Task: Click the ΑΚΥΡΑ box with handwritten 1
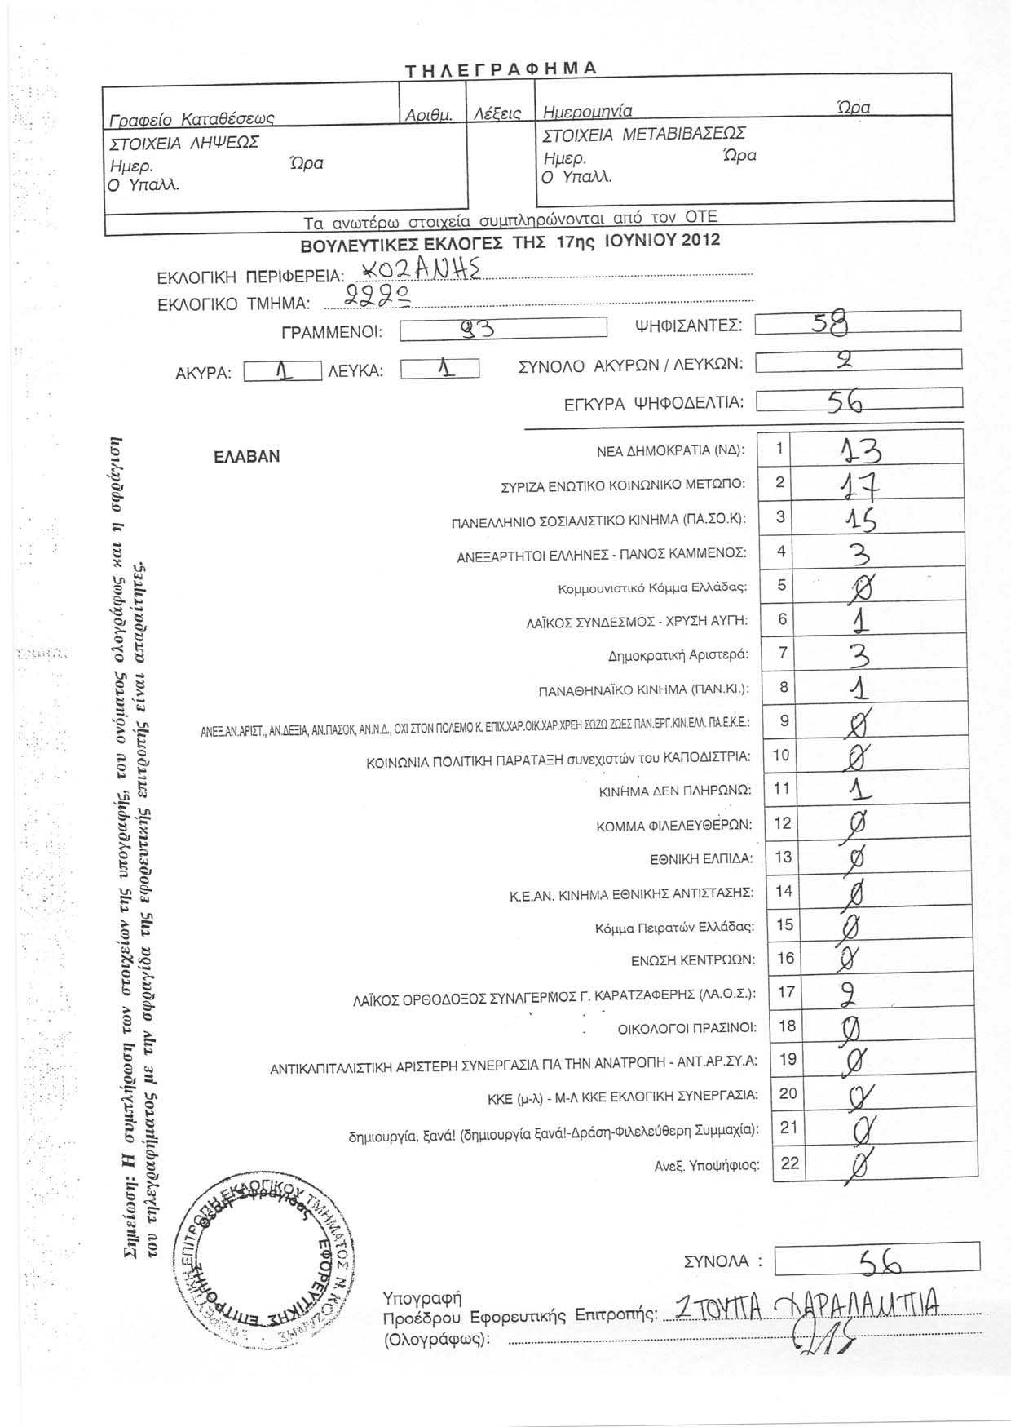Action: [282, 371]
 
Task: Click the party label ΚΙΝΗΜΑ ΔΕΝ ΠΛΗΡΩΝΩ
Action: [675, 791]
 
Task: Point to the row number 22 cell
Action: [789, 1163]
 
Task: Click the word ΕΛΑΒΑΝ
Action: [246, 457]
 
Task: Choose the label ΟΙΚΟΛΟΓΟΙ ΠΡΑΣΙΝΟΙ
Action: [687, 1027]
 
